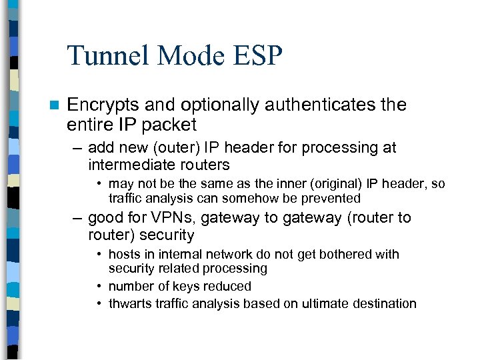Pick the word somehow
(x=247, y=198)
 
